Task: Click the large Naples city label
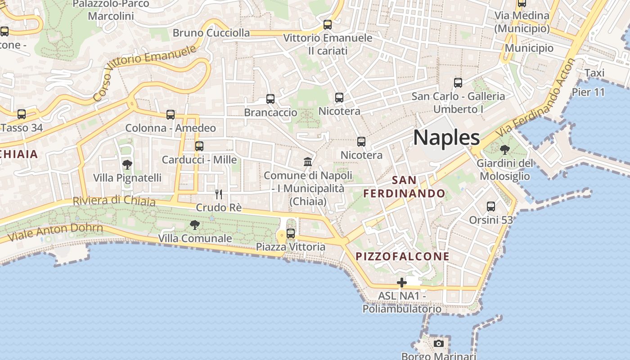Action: coord(446,137)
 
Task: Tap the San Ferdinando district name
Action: coord(404,187)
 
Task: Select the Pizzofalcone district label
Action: coord(403,256)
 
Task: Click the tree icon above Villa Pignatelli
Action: coord(127,165)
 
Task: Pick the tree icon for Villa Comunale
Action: coord(195,225)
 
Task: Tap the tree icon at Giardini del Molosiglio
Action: coord(505,150)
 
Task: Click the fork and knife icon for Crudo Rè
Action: coord(219,194)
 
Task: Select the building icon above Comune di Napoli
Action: coord(308,162)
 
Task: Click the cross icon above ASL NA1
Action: coord(402,283)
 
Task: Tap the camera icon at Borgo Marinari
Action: coord(439,344)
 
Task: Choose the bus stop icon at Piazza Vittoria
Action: coord(291,234)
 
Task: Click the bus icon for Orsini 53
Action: coord(491,207)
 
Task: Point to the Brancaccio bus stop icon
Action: coord(270,99)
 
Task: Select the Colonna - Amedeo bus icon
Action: coord(171,115)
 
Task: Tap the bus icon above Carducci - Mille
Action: coord(199,146)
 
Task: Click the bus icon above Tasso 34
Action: coord(22,114)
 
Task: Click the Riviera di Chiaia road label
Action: coord(114,201)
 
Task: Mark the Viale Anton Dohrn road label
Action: coord(55,232)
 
